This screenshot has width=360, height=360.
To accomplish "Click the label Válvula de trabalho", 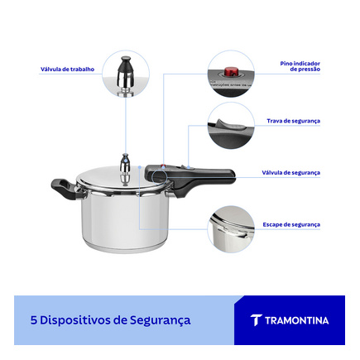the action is tap(67, 70).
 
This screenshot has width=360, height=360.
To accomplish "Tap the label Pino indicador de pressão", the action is tap(300, 66).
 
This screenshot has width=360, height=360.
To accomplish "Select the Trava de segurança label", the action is tap(294, 121).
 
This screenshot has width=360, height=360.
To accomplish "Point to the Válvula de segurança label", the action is tap(291, 173).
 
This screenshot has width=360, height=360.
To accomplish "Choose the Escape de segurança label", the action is tap(291, 224).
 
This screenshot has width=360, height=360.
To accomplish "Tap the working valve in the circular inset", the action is tap(126, 75).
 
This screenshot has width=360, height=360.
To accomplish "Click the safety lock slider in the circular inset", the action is tap(229, 125).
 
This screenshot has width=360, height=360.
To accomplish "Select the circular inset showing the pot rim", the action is tap(231, 229).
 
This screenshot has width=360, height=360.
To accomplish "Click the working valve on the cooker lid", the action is tap(125, 168).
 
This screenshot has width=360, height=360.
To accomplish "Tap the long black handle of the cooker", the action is tap(190, 179).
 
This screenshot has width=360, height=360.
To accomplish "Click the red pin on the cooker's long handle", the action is tap(163, 166).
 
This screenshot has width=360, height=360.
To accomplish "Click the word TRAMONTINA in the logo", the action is tap(297, 320).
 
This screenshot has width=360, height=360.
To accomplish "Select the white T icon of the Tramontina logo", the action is tap(256, 320).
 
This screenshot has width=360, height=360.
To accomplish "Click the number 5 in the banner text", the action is tap(34, 320).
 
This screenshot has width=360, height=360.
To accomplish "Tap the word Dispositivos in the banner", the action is tap(75, 320).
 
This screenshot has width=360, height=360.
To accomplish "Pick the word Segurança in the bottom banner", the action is tap(160, 321).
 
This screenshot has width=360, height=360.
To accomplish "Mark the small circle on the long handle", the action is tap(160, 176).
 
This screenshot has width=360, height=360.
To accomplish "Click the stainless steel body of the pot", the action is tap(125, 221).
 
